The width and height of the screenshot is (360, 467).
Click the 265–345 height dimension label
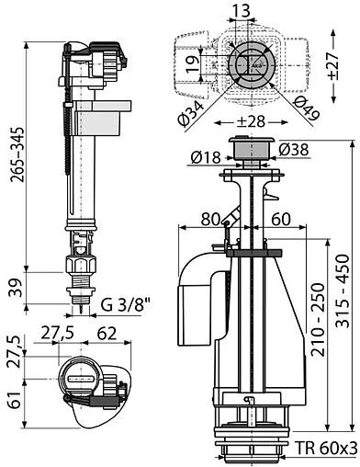coord(17,154)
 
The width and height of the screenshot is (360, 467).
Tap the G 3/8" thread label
coord(126,305)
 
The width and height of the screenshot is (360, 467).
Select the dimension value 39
coord(17,288)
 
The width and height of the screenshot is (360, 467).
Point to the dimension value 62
coord(107,334)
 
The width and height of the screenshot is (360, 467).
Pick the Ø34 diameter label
coord(191,113)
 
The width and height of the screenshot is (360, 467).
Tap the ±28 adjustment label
coord(251,121)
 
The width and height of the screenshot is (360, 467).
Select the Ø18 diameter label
coord(206,157)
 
